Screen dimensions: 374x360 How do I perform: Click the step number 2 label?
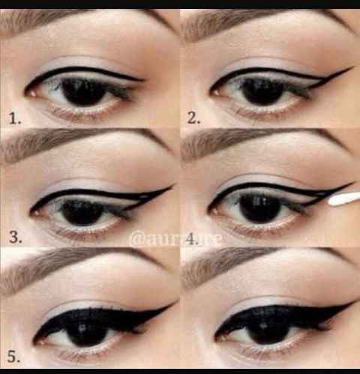click(193, 118)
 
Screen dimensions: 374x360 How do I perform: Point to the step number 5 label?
click(13, 358)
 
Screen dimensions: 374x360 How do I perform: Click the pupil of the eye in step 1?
click(82, 92)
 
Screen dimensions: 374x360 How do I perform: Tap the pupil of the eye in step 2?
click(262, 91)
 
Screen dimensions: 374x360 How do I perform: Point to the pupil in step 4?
click(260, 209)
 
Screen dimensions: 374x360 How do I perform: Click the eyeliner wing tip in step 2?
click(351, 69)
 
